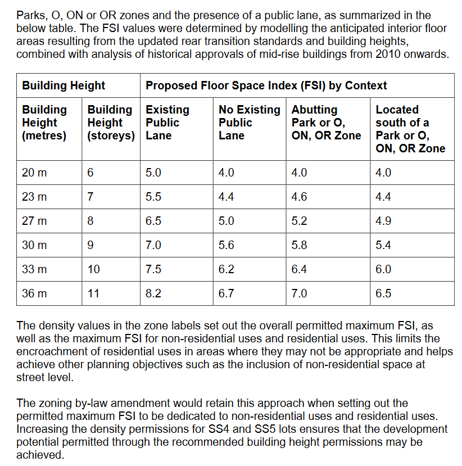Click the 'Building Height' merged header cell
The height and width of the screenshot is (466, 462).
64,86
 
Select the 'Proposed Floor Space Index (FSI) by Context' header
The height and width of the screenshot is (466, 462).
266,86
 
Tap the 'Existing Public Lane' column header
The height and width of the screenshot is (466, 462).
167,123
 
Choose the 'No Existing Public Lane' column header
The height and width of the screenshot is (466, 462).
249,123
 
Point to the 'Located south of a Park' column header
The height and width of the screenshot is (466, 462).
410,129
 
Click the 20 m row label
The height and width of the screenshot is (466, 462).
34,173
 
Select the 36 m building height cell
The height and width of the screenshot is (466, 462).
34,293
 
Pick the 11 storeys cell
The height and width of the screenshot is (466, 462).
94,293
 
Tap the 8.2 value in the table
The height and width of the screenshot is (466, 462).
153,293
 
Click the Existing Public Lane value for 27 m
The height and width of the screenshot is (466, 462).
153,221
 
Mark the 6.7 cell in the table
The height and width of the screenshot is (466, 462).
226,293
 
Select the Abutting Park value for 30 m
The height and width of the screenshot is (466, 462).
299,245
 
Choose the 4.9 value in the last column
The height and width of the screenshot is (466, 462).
383,221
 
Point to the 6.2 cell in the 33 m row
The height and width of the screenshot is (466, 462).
226,269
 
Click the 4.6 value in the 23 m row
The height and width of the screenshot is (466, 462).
299,197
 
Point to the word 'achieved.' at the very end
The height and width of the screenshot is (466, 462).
40,455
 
